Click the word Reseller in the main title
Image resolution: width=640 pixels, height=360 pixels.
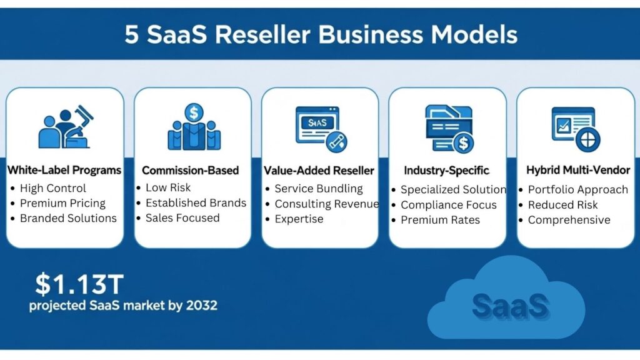(x=262, y=34)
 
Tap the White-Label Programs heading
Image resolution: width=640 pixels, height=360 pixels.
(x=64, y=170)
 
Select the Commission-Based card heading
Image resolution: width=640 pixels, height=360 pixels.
(x=190, y=170)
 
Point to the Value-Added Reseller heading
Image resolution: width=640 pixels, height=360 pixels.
(x=319, y=171)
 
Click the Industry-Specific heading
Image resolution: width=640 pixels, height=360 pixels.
(x=446, y=171)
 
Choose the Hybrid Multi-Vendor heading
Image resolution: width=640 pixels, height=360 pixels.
(x=578, y=170)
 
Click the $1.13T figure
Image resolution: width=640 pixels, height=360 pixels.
(x=79, y=284)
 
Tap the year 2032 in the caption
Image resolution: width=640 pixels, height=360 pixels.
(x=202, y=305)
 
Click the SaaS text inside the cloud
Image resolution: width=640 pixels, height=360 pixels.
(x=510, y=306)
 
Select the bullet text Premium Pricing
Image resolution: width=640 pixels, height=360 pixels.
(x=62, y=203)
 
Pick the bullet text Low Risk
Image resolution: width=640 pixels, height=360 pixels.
(x=168, y=187)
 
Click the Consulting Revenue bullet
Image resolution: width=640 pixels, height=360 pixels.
(x=326, y=204)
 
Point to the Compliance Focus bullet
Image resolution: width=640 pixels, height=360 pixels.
(x=449, y=205)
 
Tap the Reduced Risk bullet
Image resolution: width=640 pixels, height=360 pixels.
(x=563, y=205)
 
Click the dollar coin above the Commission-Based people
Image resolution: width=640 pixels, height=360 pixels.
(x=194, y=112)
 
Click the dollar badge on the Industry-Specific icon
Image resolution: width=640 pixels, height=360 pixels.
(x=463, y=143)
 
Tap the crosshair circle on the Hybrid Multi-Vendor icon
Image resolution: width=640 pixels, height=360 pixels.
(x=587, y=140)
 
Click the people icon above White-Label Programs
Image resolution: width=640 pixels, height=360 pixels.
(x=65, y=127)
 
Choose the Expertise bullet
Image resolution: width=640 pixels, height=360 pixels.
(x=299, y=219)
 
